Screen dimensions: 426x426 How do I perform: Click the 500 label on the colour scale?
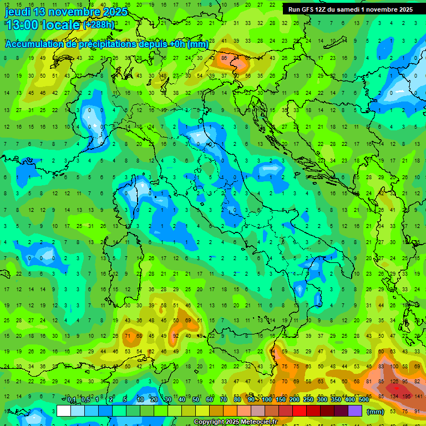(363, 400)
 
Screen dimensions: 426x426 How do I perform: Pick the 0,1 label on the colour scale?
(72, 400)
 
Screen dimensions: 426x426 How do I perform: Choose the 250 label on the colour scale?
(308, 400)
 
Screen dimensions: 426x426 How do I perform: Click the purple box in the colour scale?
(355, 410)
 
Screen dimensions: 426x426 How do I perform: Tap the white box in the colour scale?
(64, 410)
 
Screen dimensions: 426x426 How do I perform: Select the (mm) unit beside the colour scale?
(376, 412)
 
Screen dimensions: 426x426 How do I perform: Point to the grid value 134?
(394, 396)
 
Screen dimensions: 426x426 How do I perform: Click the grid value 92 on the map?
(176, 336)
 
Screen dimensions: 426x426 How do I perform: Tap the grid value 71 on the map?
(127, 336)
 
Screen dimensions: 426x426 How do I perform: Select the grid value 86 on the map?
(225, 58)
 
